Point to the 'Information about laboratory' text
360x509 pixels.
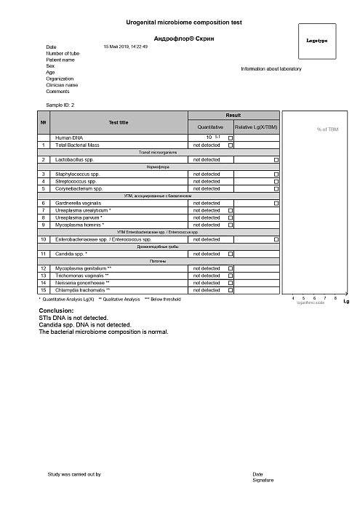[x=271, y=69]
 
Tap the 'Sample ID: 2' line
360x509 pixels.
[x=60, y=105]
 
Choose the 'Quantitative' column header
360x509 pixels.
[x=210, y=128]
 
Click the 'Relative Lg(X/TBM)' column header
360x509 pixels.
[x=257, y=128]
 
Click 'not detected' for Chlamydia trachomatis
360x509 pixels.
[x=206, y=290]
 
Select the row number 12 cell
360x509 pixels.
[x=44, y=268]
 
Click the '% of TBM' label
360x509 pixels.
[x=328, y=129]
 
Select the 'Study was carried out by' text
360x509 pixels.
[x=74, y=474]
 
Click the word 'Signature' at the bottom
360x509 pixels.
[x=263, y=481]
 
